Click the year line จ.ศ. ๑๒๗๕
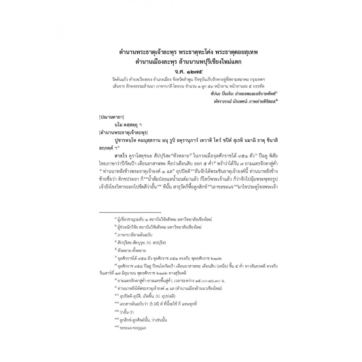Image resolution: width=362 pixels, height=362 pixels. point(181,70)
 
